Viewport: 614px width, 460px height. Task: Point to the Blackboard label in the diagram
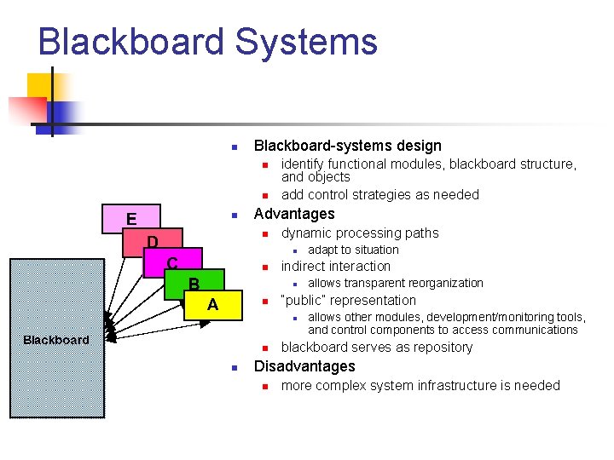click(56, 340)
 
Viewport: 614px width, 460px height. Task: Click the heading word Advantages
click(294, 214)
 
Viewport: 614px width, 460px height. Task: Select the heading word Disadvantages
click(304, 366)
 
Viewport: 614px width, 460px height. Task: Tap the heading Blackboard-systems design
click(348, 146)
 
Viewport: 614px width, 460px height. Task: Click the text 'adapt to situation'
click(353, 250)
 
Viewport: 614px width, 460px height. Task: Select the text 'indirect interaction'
click(336, 266)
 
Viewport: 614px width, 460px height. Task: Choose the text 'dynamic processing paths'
click(360, 233)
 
